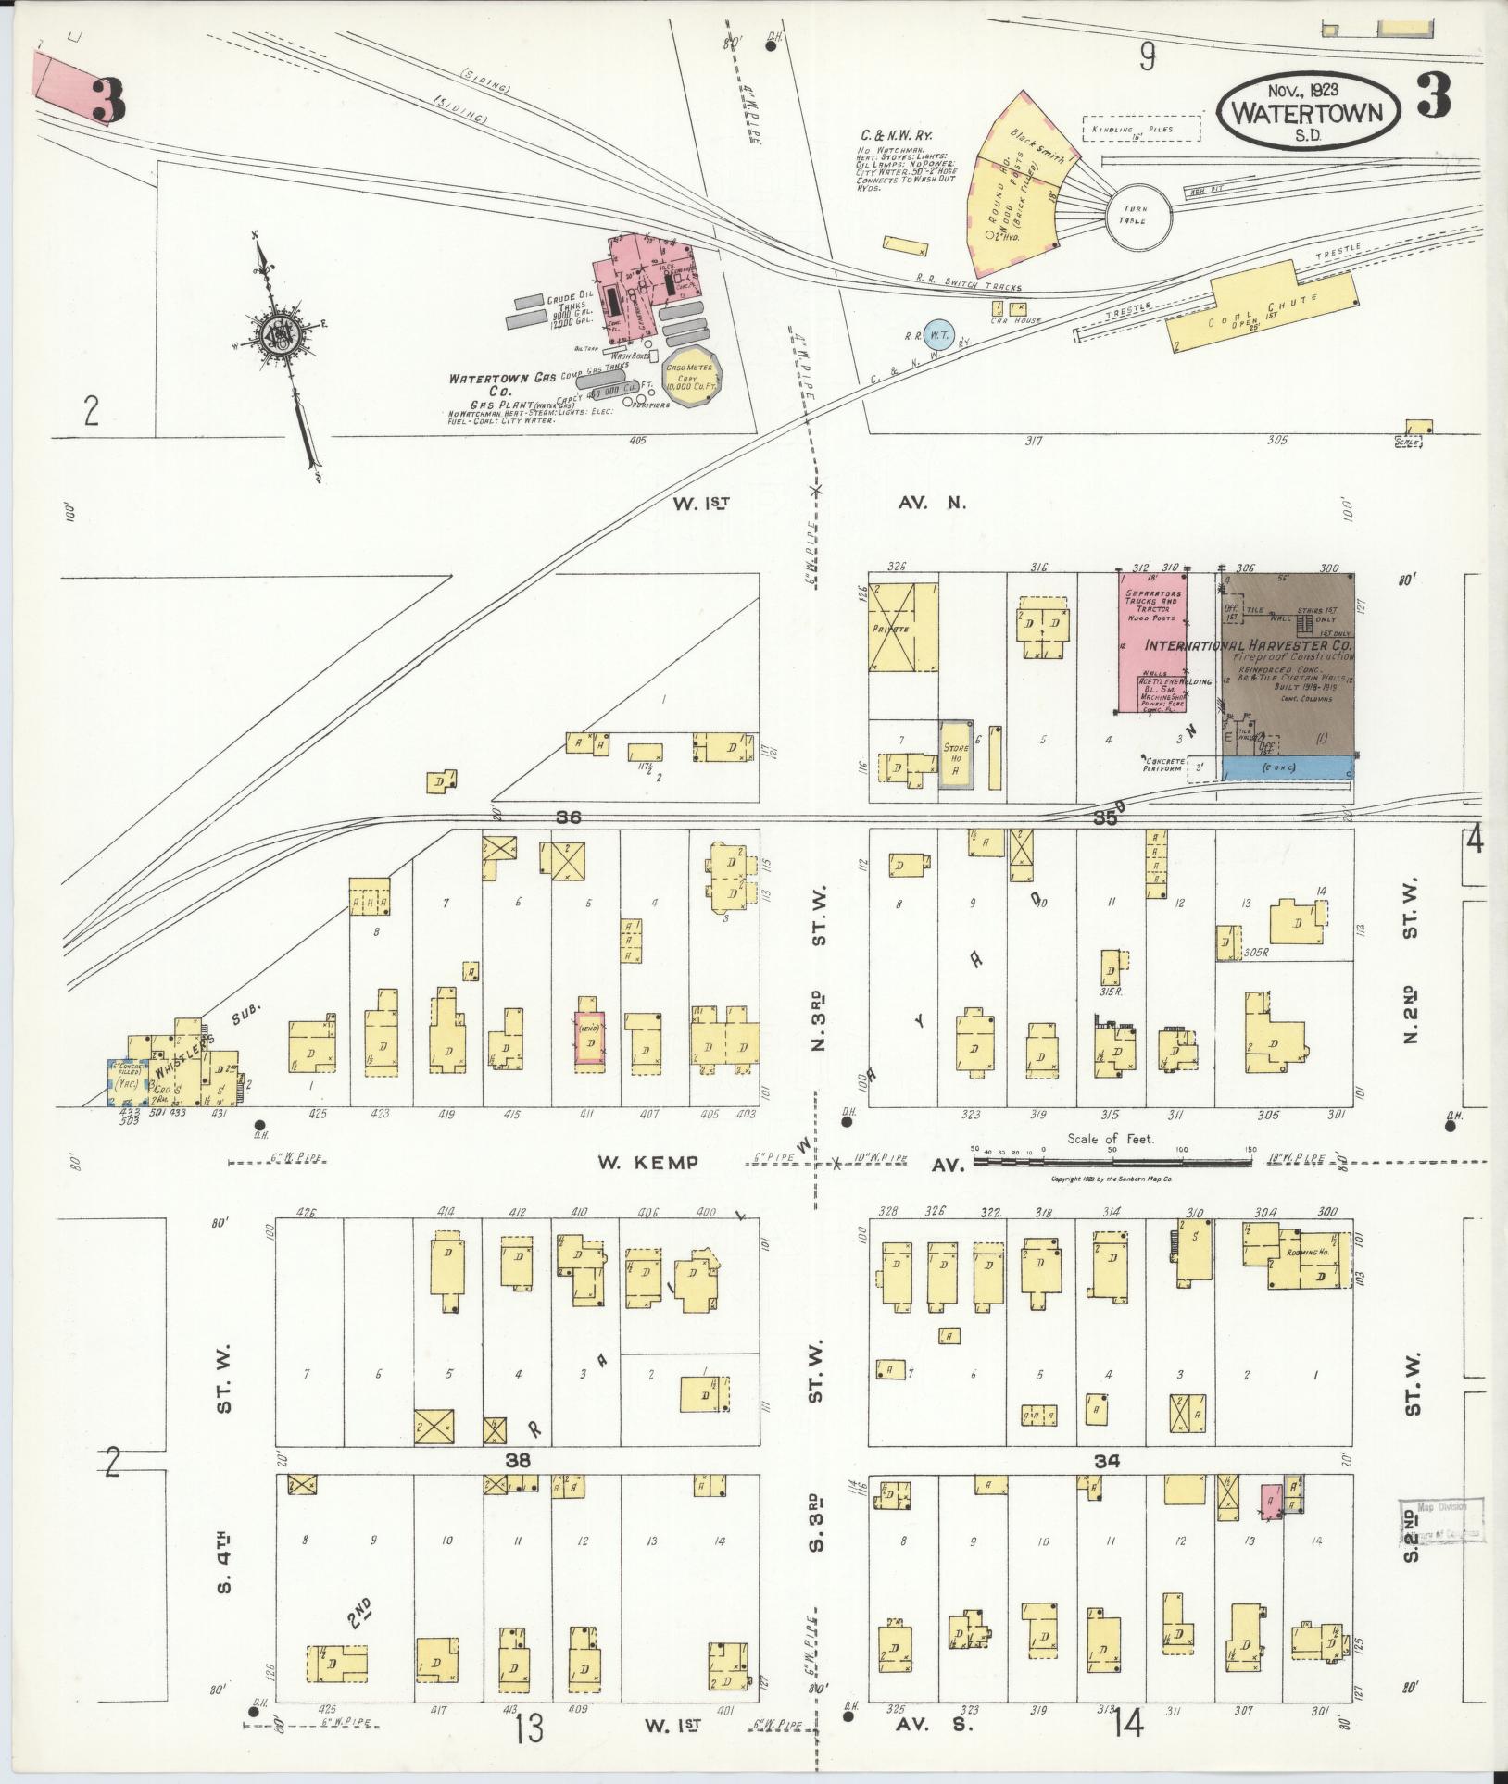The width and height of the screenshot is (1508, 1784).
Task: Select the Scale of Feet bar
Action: pyautogui.click(x=1112, y=1158)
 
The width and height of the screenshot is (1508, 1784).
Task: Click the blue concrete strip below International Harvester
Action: pyautogui.click(x=1287, y=767)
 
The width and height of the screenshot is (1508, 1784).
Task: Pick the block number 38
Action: pyautogui.click(x=518, y=1460)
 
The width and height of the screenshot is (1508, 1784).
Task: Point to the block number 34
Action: pyautogui.click(x=1107, y=1460)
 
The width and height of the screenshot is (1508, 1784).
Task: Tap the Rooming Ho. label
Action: pyautogui.click(x=1302, y=1253)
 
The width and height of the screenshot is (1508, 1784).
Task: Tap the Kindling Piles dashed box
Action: pyautogui.click(x=1140, y=130)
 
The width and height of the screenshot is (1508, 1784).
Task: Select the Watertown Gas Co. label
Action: pyautogui.click(x=495, y=386)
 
